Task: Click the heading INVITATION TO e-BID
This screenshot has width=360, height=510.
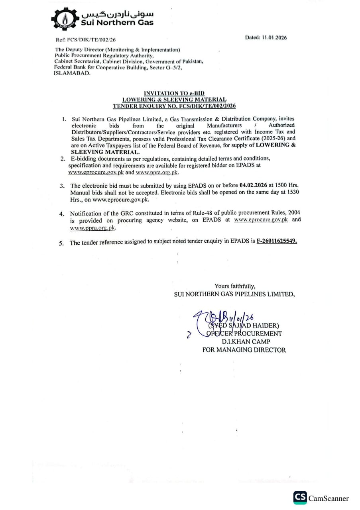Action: (174, 93)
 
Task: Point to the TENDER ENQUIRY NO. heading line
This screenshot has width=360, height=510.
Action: (174, 106)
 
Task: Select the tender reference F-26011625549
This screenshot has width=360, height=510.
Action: (277, 242)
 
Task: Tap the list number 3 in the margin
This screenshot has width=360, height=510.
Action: (62, 186)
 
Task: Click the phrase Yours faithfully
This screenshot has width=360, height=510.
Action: (235, 286)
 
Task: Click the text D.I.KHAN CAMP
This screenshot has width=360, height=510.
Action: (246, 342)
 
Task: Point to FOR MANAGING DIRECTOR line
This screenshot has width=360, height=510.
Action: (244, 350)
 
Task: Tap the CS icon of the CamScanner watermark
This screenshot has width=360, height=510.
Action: (300, 498)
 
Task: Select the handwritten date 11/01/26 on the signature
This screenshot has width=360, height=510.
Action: (242, 318)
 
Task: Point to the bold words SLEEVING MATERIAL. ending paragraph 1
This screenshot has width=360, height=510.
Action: (106, 152)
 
